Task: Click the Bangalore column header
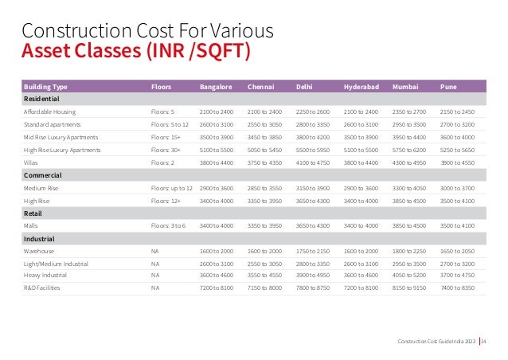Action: coord(215,86)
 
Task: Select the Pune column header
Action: coord(447,86)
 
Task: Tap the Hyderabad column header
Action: coord(361,86)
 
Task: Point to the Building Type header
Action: coord(45,86)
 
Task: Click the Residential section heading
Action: coord(41,98)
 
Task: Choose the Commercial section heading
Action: coord(43,174)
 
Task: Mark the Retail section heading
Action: coord(33,213)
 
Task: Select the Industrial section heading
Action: coord(39,238)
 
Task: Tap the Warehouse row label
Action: coord(39,251)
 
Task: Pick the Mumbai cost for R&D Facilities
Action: coord(410,289)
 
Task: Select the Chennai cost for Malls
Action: coord(264,225)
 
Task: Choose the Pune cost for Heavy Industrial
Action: coord(457,276)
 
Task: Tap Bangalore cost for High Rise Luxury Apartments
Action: coord(216,149)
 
